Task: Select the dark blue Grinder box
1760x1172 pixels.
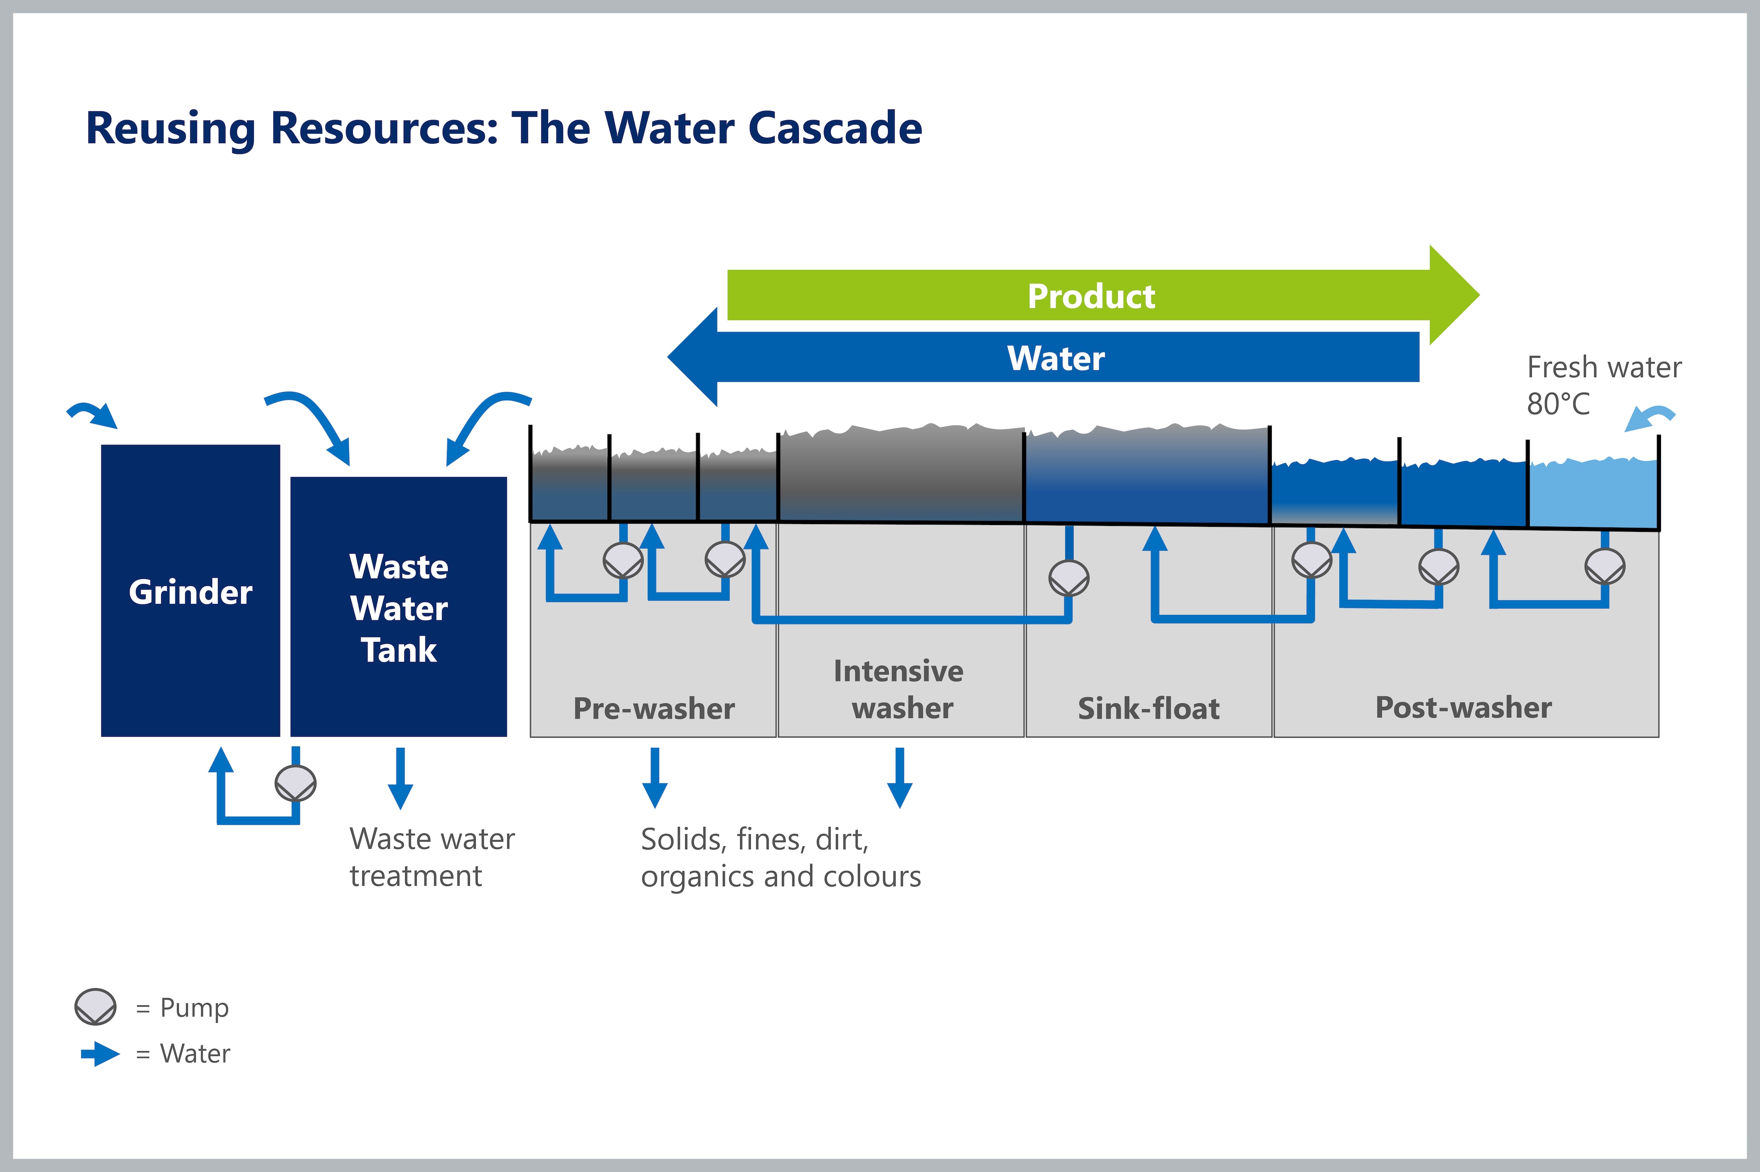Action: [191, 591]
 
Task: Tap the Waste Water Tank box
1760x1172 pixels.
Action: [398, 607]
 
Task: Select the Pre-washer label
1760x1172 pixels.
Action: [654, 709]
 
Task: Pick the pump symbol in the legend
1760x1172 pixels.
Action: [96, 1006]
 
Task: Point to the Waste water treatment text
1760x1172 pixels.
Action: [432, 857]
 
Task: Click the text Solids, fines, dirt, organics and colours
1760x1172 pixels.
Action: [781, 858]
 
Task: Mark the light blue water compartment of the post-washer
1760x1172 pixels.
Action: [1593, 493]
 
